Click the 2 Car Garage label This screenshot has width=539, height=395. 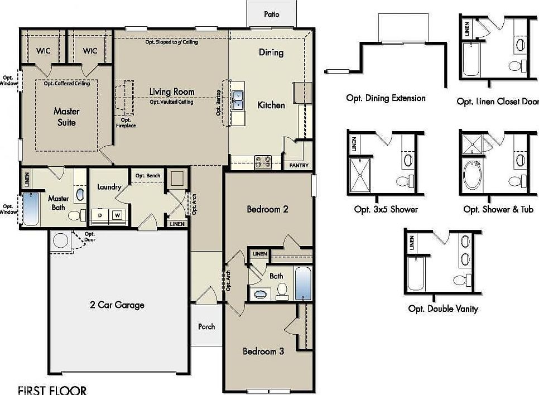point(117,305)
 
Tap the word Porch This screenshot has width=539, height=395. point(206,326)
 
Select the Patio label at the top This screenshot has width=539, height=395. point(272,14)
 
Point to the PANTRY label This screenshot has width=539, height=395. point(299,166)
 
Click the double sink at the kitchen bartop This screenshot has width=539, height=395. point(238,100)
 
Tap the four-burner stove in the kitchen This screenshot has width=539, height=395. point(263,162)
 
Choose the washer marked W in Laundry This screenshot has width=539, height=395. point(118,215)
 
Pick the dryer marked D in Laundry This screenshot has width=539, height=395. point(100,215)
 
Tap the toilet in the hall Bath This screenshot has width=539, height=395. point(282,290)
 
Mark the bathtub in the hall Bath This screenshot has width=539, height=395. point(303,283)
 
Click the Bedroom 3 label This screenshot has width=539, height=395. point(263,351)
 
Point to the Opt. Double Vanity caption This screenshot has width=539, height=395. point(443,309)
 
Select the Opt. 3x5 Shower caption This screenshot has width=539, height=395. point(386,209)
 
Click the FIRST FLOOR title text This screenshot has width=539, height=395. point(52,389)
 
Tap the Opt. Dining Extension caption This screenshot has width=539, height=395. point(386,98)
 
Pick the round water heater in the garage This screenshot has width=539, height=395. point(60,240)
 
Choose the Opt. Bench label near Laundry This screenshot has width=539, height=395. point(148,176)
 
